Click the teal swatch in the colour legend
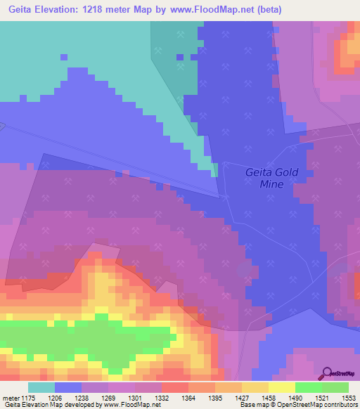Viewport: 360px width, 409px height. [x=41, y=387]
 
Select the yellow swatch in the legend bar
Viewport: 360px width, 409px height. [x=282, y=387]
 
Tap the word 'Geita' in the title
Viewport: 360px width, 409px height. [x=22, y=8]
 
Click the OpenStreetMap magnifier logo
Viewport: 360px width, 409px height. [x=327, y=374]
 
